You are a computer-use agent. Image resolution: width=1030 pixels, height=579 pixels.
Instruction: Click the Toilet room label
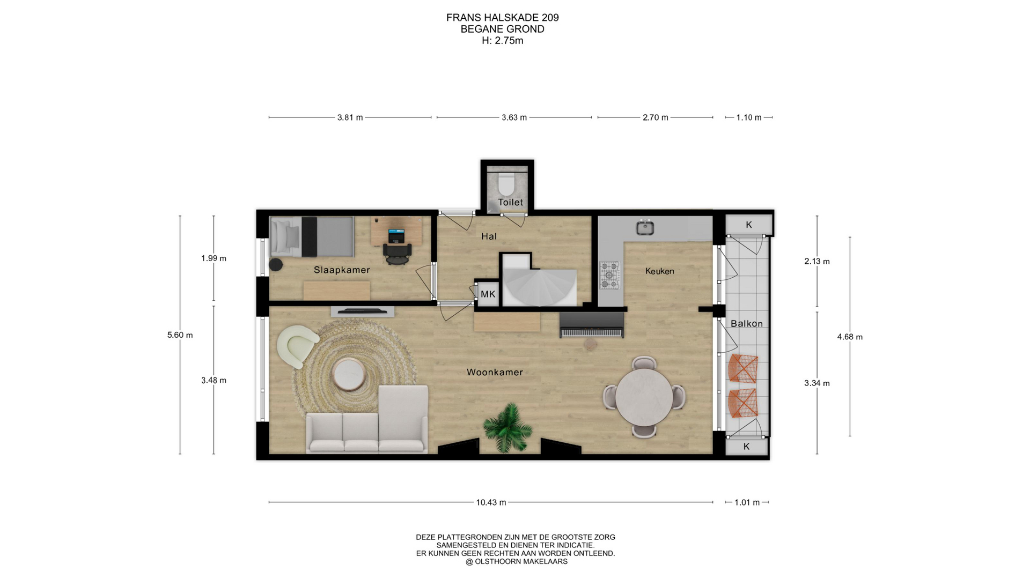510,202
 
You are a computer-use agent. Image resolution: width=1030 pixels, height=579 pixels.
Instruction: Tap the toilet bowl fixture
506,184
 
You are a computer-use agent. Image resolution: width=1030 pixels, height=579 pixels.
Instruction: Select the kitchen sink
645,227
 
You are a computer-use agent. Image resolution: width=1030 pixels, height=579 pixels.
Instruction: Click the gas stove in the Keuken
609,276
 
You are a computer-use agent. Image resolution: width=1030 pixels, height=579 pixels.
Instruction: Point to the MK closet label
488,294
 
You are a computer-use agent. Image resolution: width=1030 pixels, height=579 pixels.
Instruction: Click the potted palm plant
507,427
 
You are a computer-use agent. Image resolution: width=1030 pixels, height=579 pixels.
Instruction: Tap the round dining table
644,397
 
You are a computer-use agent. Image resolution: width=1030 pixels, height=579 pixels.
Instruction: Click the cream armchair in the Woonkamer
297,346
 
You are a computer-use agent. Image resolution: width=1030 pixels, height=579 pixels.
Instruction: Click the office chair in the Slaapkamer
397,253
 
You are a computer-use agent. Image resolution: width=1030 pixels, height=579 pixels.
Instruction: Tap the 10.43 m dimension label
491,502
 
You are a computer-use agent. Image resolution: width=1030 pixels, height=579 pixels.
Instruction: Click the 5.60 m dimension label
180,335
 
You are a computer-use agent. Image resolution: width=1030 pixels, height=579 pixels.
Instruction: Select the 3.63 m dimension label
514,117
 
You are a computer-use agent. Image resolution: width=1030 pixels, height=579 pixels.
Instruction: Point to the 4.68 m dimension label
850,337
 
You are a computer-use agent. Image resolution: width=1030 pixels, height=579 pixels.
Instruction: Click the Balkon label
747,323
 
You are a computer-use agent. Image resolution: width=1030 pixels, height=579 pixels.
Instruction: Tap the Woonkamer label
495,372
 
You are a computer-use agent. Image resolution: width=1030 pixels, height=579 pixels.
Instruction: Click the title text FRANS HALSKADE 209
503,18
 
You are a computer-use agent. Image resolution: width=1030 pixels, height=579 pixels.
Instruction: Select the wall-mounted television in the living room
362,311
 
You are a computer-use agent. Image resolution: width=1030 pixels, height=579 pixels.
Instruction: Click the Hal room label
489,236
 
